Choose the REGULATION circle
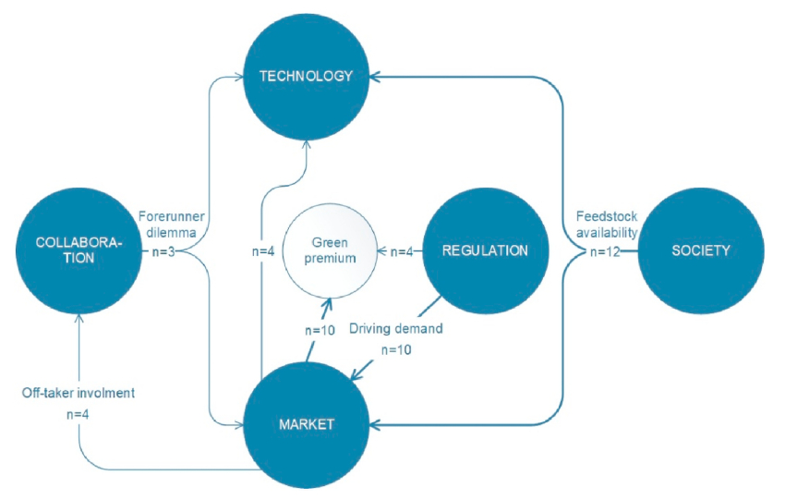[x=484, y=250]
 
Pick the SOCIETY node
[x=702, y=250]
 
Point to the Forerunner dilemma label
[x=172, y=226]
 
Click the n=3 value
[x=168, y=250]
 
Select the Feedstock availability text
[x=606, y=226]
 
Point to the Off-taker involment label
[x=78, y=393]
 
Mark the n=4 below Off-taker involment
[x=78, y=415]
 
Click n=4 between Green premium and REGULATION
[x=402, y=250]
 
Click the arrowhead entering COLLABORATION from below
[x=79, y=318]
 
